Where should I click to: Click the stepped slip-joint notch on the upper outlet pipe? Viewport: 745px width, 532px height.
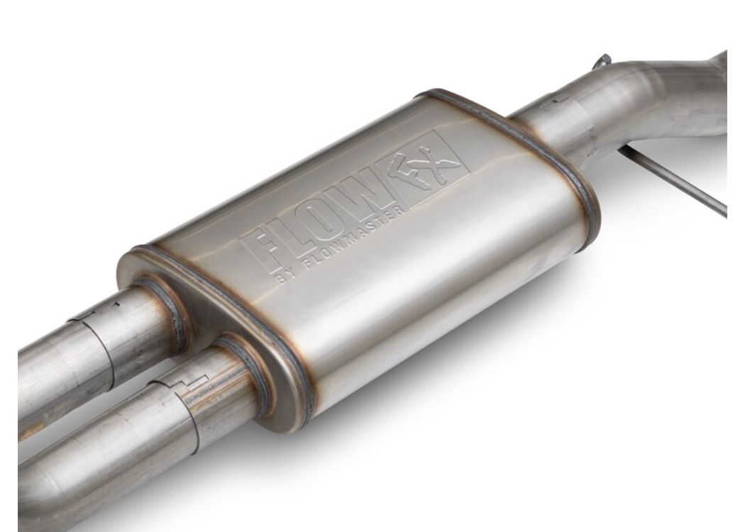coord(93,315)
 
